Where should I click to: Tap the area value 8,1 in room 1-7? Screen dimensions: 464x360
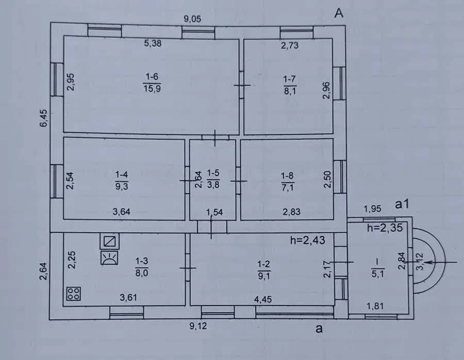click(x=290, y=91)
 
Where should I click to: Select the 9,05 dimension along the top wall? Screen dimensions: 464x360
click(x=192, y=19)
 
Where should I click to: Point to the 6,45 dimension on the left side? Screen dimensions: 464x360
click(x=43, y=118)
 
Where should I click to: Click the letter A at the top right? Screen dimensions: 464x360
click(x=339, y=13)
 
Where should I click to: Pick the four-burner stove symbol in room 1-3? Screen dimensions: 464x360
click(x=74, y=294)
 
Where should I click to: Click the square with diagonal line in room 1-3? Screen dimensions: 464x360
click(x=110, y=242)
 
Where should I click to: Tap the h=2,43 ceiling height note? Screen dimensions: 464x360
click(x=307, y=240)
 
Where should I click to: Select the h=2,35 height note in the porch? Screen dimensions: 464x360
click(x=385, y=228)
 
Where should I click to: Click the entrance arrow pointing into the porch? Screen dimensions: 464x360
click(x=441, y=262)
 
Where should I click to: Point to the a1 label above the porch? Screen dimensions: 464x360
click(x=402, y=204)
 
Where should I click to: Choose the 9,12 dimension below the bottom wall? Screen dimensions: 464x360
click(x=198, y=326)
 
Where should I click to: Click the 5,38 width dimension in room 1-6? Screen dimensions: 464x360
click(x=153, y=43)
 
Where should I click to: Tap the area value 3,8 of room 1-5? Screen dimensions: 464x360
click(x=213, y=185)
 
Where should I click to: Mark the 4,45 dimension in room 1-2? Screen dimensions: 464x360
click(x=263, y=299)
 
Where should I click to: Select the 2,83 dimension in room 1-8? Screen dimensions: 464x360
click(x=291, y=212)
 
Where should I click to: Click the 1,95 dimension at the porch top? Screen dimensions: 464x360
click(x=372, y=209)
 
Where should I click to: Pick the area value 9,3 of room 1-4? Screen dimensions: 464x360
click(x=122, y=186)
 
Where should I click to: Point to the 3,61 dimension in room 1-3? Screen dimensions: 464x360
click(x=128, y=297)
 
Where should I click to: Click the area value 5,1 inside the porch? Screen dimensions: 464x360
click(x=377, y=274)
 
